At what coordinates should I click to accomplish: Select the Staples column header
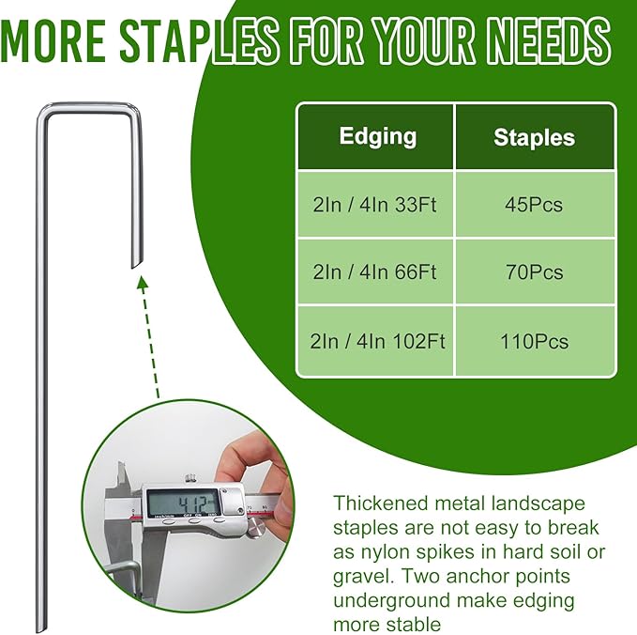click(534, 138)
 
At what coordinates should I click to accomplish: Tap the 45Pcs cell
click(534, 204)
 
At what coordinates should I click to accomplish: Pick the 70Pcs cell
click(534, 272)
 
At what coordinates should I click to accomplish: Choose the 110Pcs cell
click(534, 341)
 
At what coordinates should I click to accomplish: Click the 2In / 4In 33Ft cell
click(376, 204)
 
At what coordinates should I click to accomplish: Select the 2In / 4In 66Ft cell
click(376, 272)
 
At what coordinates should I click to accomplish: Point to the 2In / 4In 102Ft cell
click(376, 341)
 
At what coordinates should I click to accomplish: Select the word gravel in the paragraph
click(360, 576)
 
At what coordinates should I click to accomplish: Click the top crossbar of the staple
click(90, 112)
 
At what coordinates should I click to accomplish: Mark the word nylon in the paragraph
click(386, 551)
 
